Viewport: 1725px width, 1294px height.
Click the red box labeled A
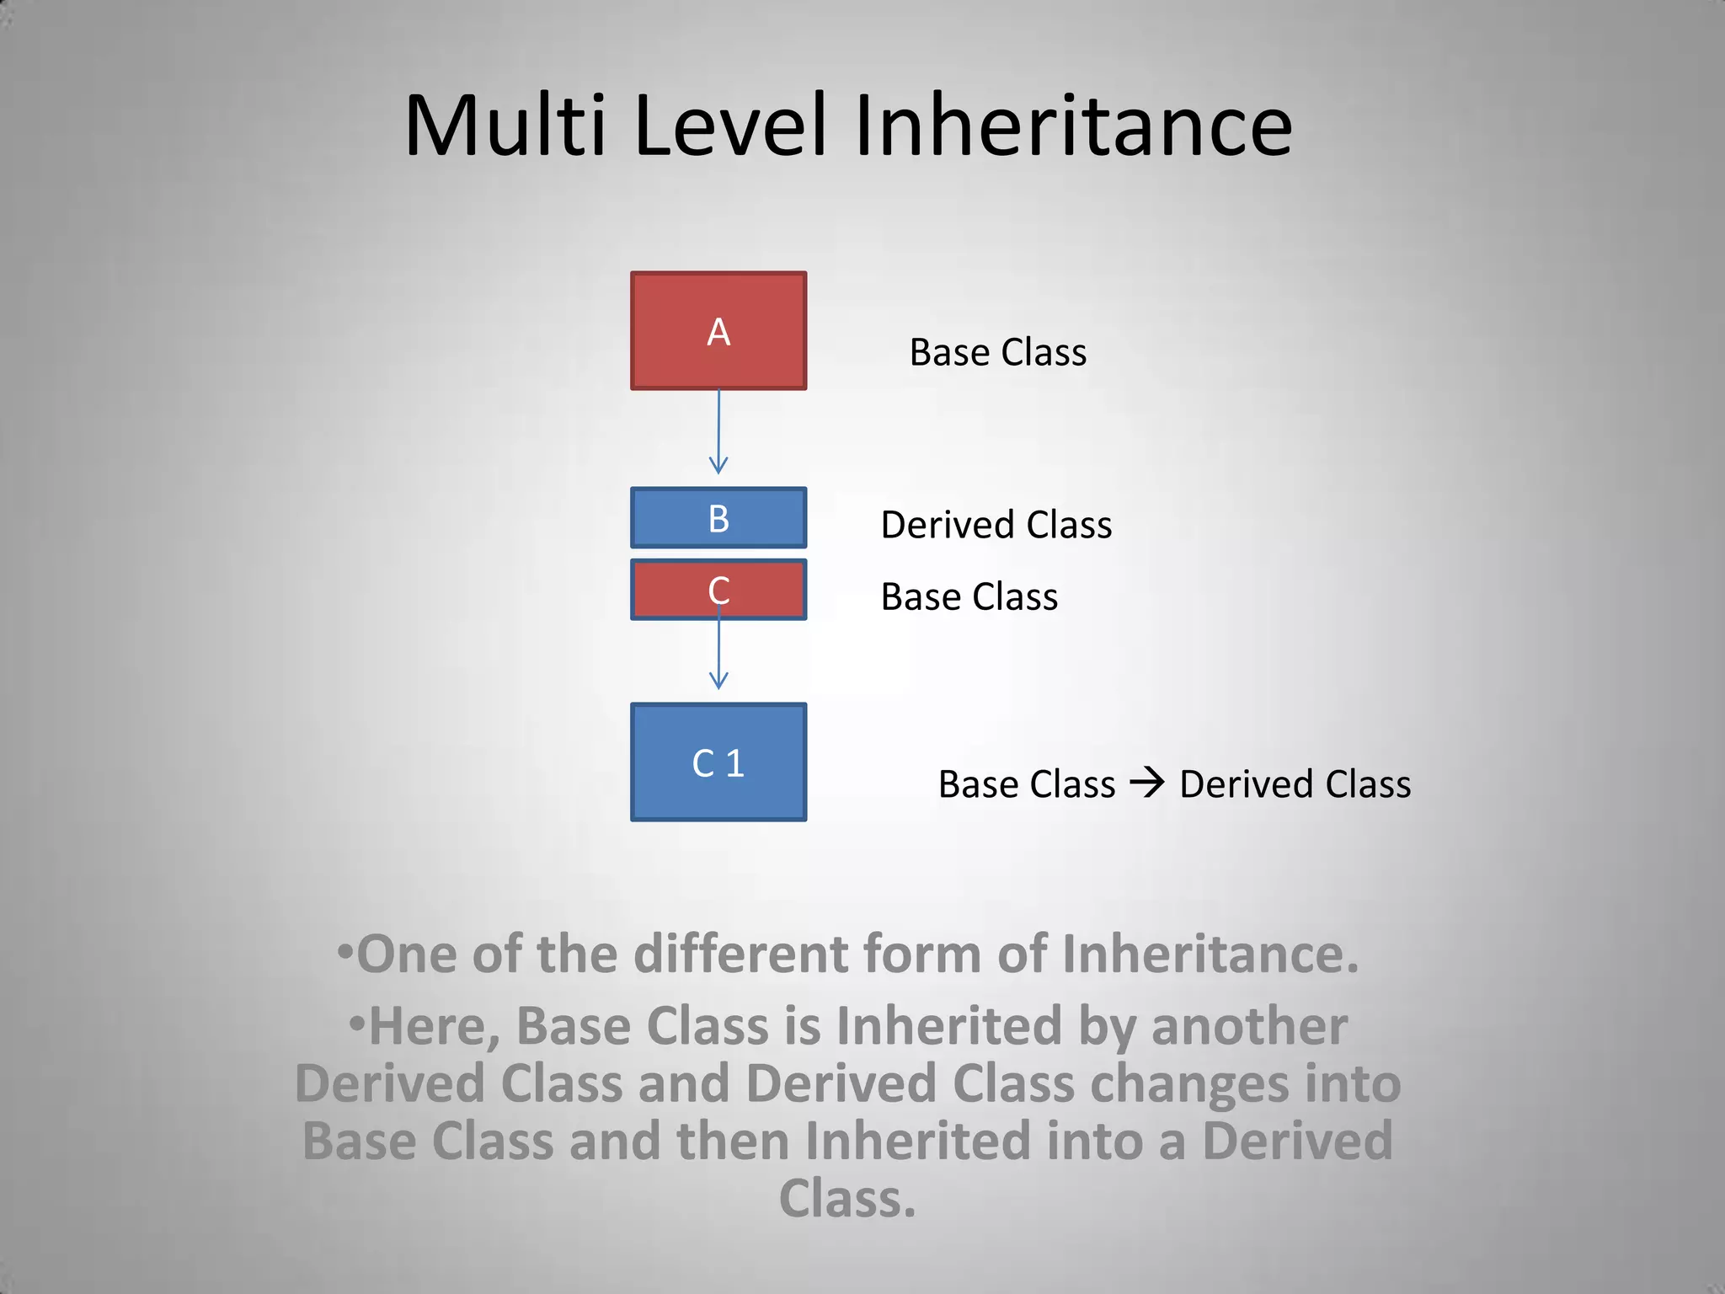pyautogui.click(x=718, y=330)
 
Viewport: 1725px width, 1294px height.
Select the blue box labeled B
pyautogui.click(x=718, y=518)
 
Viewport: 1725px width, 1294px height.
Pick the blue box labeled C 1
pyautogui.click(x=718, y=762)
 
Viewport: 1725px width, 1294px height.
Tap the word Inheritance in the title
pyautogui.click(x=1073, y=126)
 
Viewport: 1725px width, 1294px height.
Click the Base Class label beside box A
pyautogui.click(x=998, y=352)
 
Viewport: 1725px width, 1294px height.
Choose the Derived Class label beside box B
pyautogui.click(x=996, y=525)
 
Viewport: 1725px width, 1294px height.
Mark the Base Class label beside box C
pyautogui.click(x=969, y=597)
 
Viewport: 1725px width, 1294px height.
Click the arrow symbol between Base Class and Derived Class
pyautogui.click(x=1147, y=783)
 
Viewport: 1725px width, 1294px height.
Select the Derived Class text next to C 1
pyautogui.click(x=1295, y=784)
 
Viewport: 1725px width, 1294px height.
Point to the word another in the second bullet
pyautogui.click(x=1249, y=1027)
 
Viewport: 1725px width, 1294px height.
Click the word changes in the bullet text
pyautogui.click(x=1189, y=1084)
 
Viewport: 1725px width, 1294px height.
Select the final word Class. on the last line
pyautogui.click(x=847, y=1199)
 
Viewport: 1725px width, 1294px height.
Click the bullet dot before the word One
pyautogui.click(x=344, y=953)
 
